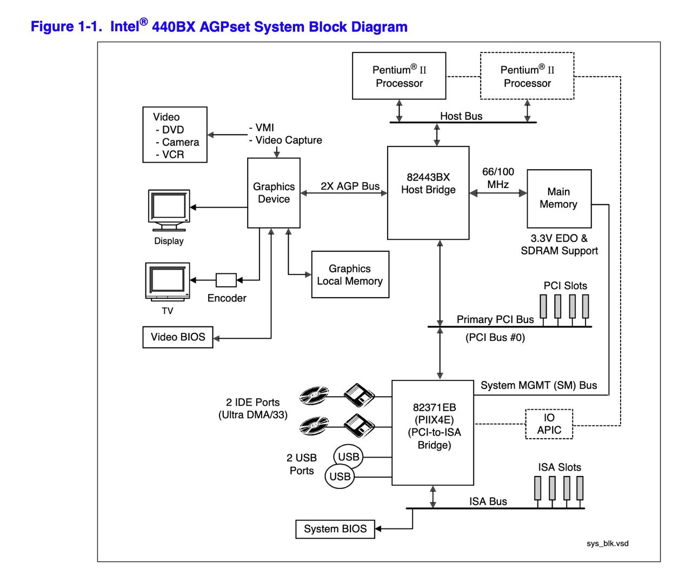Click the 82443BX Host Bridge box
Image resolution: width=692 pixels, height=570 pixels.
pos(428,192)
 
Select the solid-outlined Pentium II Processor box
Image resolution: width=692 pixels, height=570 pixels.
pos(399,76)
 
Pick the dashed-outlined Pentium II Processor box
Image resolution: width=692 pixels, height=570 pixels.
pos(527,76)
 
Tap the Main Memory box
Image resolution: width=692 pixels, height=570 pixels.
pos(559,198)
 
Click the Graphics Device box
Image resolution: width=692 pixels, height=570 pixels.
pos(274,193)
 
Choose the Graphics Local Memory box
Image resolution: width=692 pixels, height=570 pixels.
pos(350,274)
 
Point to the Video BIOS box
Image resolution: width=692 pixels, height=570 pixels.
pos(178,337)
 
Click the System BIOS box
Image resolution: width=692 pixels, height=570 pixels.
pos(335,529)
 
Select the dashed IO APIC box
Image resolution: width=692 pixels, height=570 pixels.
pos(549,424)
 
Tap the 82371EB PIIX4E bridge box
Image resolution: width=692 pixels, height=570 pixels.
pos(434,432)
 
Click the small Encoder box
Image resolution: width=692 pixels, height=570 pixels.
pos(226,280)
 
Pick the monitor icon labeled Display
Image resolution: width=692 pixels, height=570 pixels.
pos(169,206)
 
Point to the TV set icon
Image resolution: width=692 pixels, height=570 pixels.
pos(168,281)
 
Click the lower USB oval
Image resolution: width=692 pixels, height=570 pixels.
pos(340,477)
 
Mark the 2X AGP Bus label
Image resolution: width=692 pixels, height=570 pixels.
pos(350,186)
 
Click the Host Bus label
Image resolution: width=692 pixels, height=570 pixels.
pos(461,116)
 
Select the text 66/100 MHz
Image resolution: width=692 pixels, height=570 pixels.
pos(498,178)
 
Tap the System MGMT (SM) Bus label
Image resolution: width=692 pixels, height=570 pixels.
pos(538,385)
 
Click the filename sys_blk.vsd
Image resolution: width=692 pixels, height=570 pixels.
pos(608,544)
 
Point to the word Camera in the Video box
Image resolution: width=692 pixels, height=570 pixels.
pos(181,142)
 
